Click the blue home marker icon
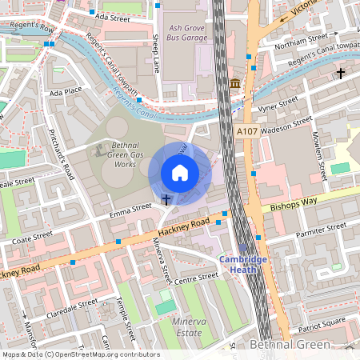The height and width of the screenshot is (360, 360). coord(180,172)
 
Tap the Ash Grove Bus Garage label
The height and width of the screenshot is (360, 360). coord(186,33)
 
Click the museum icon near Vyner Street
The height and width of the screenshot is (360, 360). coord(235,84)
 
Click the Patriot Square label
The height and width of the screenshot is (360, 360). coord(321,324)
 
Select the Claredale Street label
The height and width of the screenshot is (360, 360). coord(71,307)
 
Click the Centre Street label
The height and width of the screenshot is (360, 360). coord(196,277)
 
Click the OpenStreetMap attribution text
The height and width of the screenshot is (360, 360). coord(81,354)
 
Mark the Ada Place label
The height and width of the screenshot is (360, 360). coord(66,92)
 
